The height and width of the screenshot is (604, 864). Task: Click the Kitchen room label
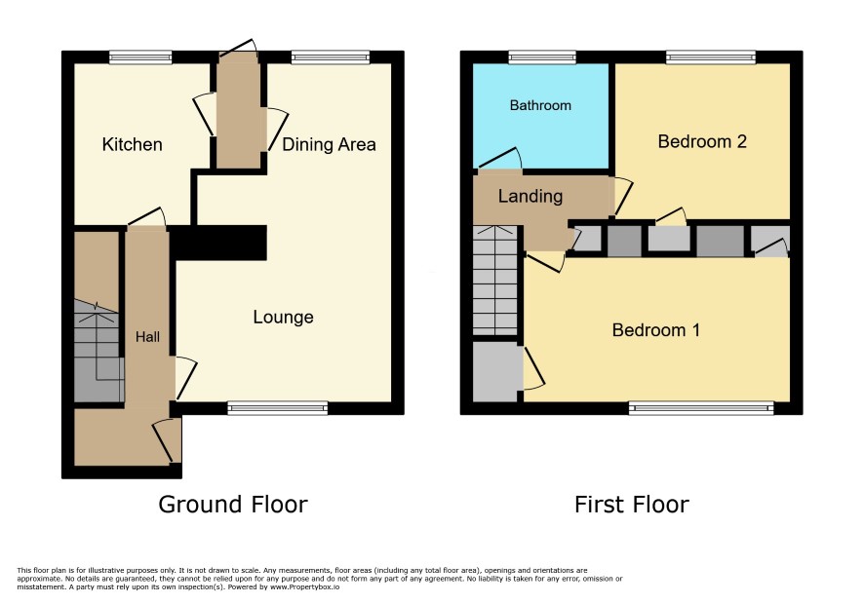coord(133,144)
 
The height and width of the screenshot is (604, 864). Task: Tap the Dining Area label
coord(329,144)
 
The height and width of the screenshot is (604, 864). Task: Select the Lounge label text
coord(283,318)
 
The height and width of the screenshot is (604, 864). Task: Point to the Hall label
coord(147,337)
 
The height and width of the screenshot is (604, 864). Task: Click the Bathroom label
coord(540,105)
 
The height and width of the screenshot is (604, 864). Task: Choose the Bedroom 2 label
coord(702,141)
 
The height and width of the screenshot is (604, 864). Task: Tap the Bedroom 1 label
coord(655,330)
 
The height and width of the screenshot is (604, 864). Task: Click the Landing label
coord(530,196)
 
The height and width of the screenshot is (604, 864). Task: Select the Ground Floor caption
coord(233,505)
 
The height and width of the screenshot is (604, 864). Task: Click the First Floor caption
coord(632,505)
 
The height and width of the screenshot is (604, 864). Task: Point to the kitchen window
coord(140,57)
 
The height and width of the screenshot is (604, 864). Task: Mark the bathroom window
coord(542,57)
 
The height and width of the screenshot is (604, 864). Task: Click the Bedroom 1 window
coord(701,408)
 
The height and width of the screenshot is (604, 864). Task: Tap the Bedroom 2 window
coord(711,57)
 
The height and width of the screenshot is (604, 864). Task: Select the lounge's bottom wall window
coord(278,408)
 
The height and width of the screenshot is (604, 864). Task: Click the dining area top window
coord(330,57)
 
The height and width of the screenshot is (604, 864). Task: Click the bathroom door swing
coord(499,158)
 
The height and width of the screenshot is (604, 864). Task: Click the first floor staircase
coord(494,281)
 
